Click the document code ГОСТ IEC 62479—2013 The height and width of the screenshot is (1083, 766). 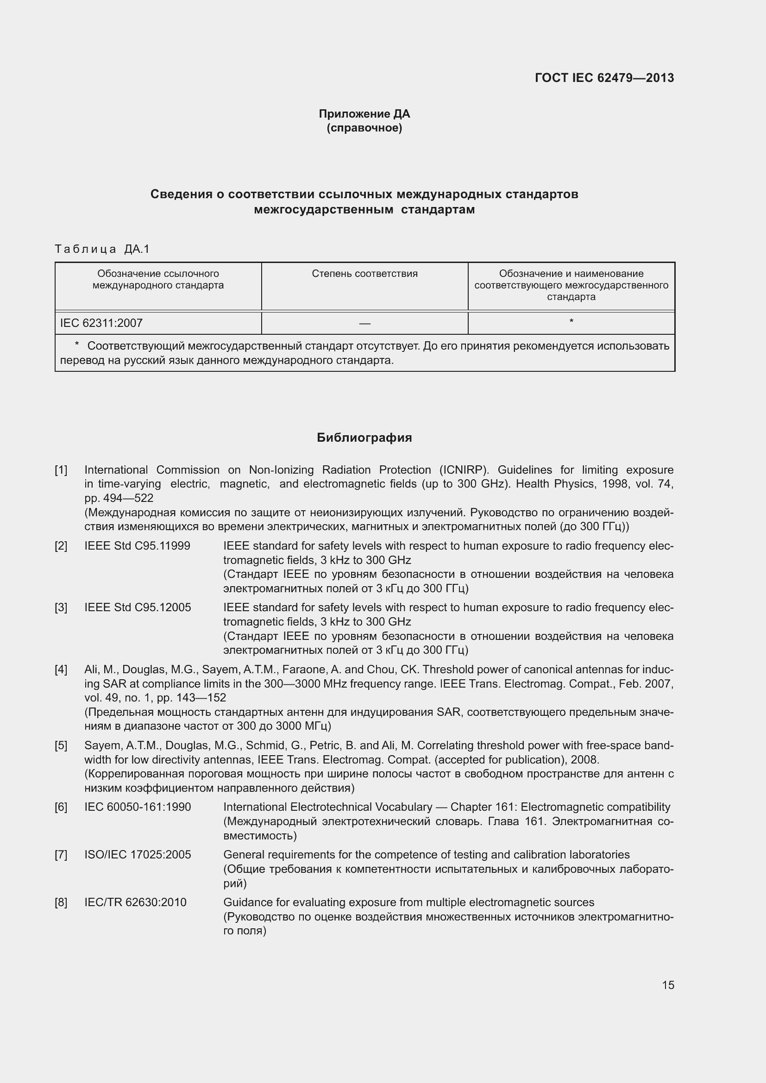coord(604,78)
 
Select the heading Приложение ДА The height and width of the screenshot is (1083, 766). coord(364,114)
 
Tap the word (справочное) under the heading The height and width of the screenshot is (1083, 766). coord(364,128)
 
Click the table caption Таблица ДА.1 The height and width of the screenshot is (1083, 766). coord(102,249)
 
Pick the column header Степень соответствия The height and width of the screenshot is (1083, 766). coord(364,274)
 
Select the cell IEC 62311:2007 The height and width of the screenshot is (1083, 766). coord(101,323)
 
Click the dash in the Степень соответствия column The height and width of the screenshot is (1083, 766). coord(364,324)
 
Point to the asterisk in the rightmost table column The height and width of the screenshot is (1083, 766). coord(571,322)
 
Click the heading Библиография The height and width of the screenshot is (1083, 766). coord(364,438)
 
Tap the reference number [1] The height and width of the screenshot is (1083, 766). coord(61,470)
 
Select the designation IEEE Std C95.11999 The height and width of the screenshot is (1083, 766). coord(137,546)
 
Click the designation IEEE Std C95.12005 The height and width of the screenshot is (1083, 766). coord(138,607)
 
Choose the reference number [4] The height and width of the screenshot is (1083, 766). coord(61,670)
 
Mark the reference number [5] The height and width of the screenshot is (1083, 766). coord(61,745)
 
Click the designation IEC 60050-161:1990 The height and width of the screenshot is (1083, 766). coord(138,807)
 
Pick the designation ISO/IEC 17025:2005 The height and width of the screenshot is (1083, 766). coord(138,855)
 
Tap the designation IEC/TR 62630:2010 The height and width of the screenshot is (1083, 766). coord(135,902)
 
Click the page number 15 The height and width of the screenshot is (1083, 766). coord(668,985)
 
